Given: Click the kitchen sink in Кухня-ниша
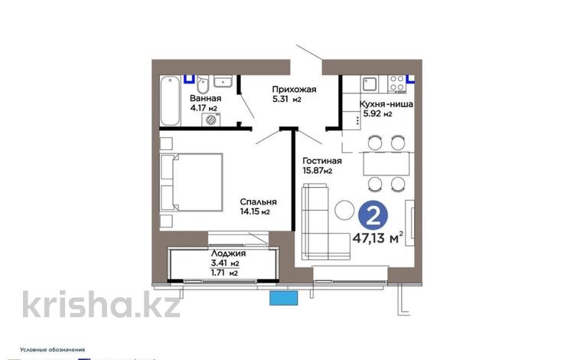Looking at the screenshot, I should point(367,80).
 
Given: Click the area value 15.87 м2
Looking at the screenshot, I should point(317,171).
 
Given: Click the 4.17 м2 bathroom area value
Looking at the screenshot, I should point(202,109).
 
